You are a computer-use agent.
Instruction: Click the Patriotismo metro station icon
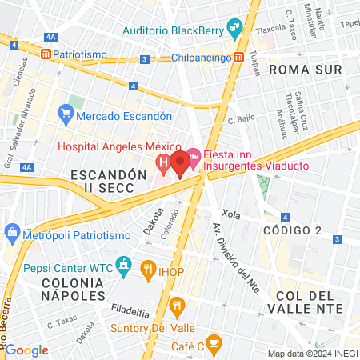point(46,54)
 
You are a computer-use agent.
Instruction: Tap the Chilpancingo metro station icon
point(239,58)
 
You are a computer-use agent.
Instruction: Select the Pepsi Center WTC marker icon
point(124,264)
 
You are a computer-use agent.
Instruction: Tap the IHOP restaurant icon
point(147,270)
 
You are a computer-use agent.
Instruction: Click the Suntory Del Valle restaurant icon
point(177,305)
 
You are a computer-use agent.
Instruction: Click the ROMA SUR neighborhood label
point(306,70)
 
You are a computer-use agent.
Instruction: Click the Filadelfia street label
point(130,308)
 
